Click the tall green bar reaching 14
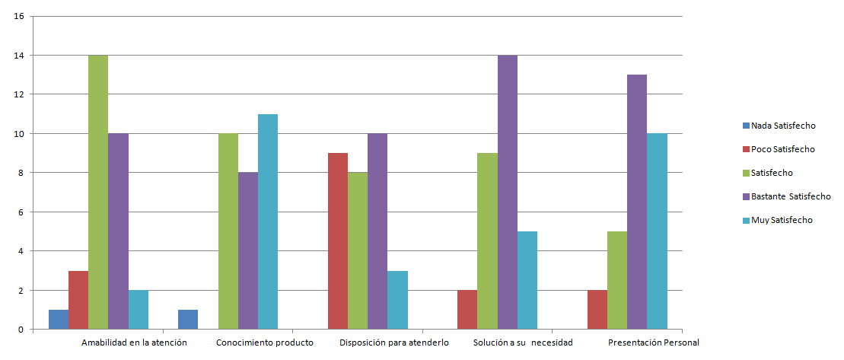tap(98, 192)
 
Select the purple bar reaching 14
tap(507, 192)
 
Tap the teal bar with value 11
tap(268, 221)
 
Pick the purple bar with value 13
tap(637, 202)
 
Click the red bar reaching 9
tap(337, 241)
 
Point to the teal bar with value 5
tap(527, 280)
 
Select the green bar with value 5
tap(617, 280)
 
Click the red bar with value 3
tap(78, 300)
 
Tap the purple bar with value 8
tap(247, 250)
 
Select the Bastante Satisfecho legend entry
tap(786, 196)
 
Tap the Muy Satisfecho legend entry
tap(777, 220)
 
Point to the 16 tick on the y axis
tap(20, 16)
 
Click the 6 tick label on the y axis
tap(22, 212)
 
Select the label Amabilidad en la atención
tap(134, 342)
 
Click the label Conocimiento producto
tap(265, 342)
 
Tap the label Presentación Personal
tap(654, 342)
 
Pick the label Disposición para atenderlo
tap(394, 342)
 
